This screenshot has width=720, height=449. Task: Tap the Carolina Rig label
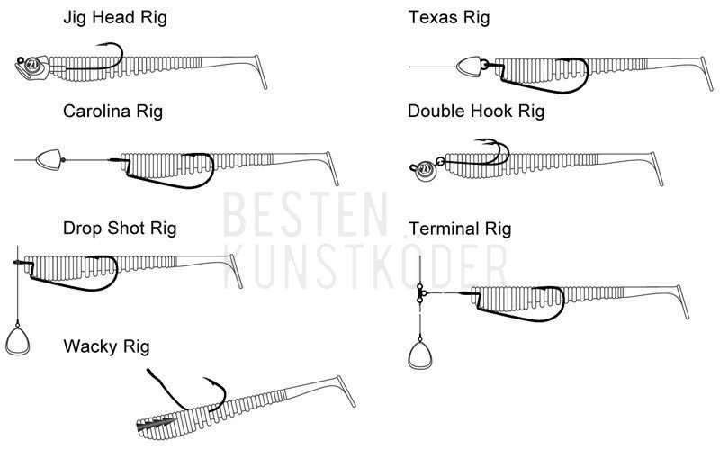(112, 112)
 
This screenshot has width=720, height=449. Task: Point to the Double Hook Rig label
(476, 112)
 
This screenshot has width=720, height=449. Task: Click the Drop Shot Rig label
(120, 228)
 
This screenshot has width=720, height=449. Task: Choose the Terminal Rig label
(460, 229)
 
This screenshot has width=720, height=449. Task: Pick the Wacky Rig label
(107, 346)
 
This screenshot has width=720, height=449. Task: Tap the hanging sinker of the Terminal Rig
(419, 353)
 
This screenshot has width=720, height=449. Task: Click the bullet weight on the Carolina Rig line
(47, 160)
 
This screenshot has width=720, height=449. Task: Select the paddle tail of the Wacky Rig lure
(346, 391)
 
